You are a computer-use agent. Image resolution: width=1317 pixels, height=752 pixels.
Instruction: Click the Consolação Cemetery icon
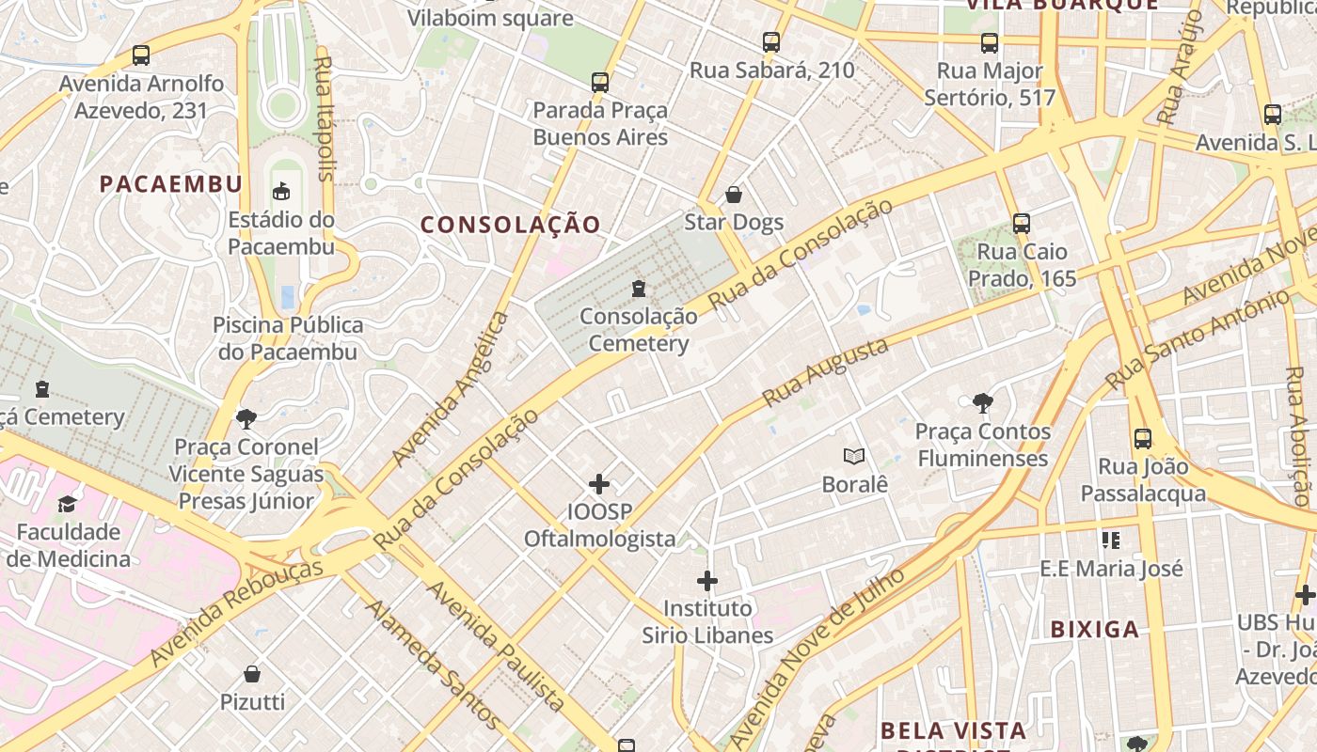(640, 288)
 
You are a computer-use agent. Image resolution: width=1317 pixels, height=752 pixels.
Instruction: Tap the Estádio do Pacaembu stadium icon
(280, 192)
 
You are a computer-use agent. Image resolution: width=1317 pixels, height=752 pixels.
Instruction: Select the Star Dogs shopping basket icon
(734, 195)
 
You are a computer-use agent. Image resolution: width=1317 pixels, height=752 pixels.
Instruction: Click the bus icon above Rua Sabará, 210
(771, 42)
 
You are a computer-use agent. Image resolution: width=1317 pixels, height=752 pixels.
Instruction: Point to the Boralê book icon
(854, 457)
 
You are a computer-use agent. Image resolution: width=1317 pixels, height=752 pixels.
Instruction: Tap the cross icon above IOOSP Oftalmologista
(599, 484)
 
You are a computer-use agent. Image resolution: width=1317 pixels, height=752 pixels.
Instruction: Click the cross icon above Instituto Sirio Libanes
(707, 581)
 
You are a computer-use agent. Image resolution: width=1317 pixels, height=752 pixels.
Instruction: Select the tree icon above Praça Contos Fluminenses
(982, 403)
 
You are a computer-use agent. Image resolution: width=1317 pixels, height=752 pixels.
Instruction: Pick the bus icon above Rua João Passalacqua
(1143, 438)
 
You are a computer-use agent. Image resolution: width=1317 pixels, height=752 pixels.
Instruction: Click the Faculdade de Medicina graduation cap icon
(67, 505)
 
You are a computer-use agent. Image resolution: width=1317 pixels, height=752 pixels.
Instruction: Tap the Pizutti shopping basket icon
(252, 674)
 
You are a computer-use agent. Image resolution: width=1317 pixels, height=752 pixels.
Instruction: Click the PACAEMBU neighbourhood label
(171, 183)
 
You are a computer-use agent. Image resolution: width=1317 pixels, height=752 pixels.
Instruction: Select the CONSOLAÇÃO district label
(510, 225)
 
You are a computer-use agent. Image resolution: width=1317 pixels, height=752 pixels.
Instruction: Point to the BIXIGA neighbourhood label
(1095, 629)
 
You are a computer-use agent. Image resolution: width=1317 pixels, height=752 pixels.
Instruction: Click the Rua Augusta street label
(826, 372)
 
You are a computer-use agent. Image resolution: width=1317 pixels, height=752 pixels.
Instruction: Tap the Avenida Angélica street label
(451, 388)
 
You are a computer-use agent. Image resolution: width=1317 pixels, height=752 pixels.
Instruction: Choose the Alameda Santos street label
(433, 664)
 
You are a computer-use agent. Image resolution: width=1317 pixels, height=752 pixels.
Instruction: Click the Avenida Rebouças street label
(237, 611)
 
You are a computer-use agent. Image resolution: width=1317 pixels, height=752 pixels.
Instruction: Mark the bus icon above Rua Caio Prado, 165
(1022, 224)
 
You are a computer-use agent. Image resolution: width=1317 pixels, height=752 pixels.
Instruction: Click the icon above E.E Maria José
(1111, 540)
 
